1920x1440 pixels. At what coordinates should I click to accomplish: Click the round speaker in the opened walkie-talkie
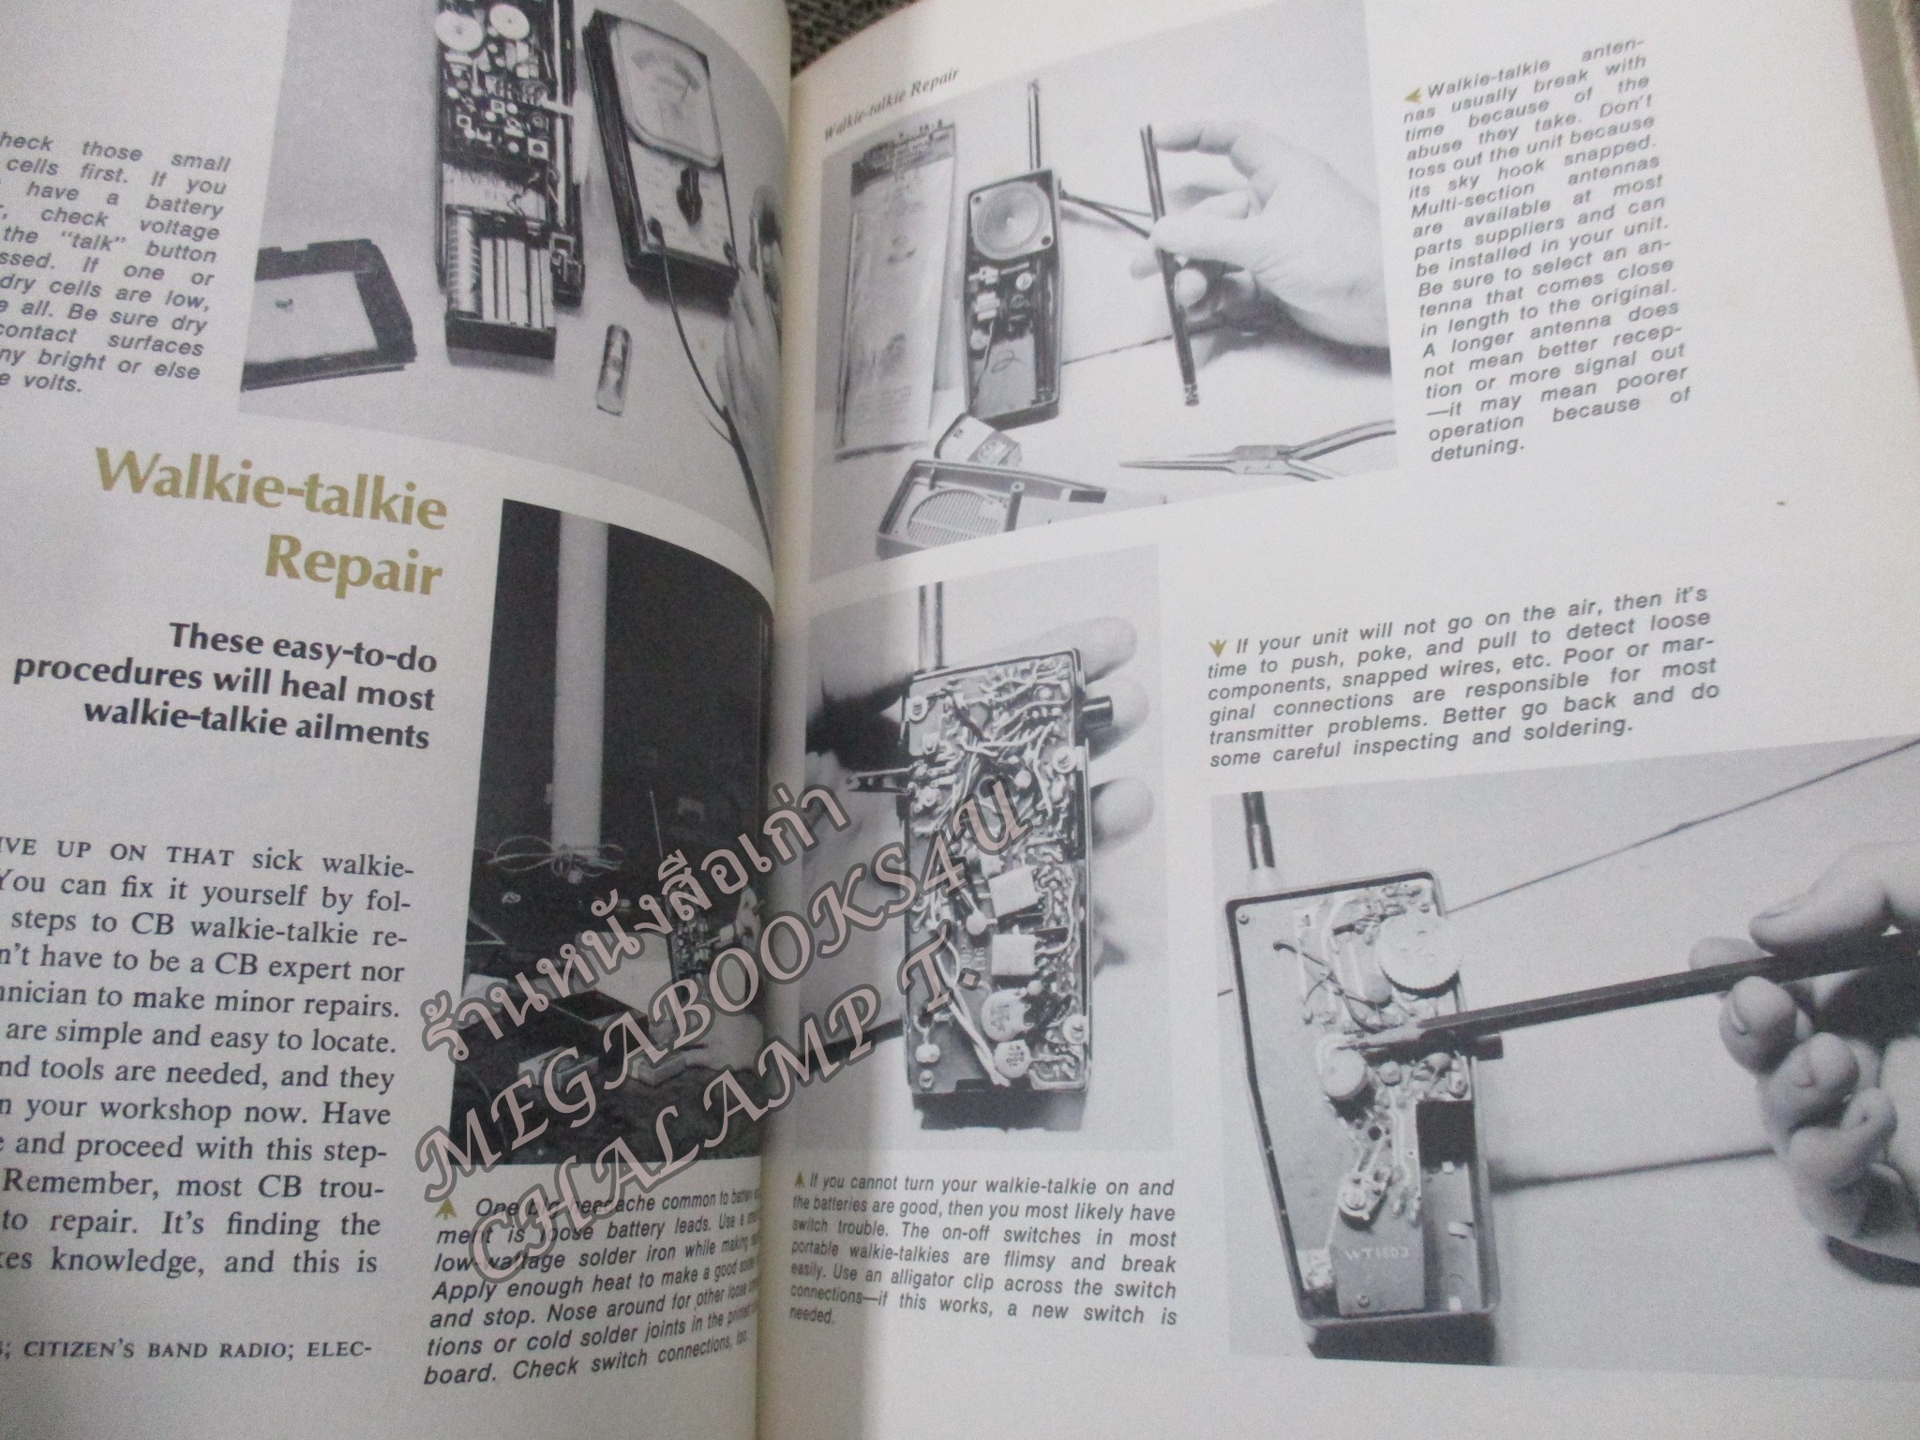click(x=1009, y=231)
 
